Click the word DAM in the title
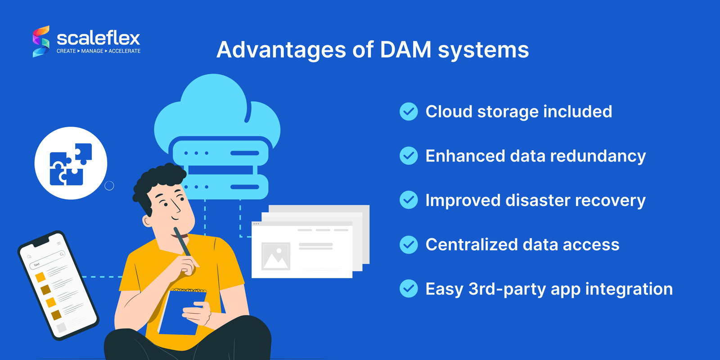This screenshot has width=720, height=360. [405, 49]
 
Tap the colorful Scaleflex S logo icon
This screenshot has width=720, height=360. [41, 41]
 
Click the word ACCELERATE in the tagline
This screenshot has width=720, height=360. [125, 51]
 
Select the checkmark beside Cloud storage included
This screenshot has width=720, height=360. [409, 112]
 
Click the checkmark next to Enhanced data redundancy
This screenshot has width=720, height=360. [409, 156]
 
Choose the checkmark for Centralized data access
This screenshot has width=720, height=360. [409, 244]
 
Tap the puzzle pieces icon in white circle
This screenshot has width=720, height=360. [71, 163]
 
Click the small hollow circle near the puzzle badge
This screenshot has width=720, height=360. [109, 186]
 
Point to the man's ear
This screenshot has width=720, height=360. [148, 220]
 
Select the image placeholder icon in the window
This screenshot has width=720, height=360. [276, 256]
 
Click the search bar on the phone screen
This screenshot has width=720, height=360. [48, 260]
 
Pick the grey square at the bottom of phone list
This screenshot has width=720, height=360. [62, 327]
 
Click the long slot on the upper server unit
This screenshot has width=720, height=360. [244, 153]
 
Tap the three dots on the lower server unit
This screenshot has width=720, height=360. [197, 187]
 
